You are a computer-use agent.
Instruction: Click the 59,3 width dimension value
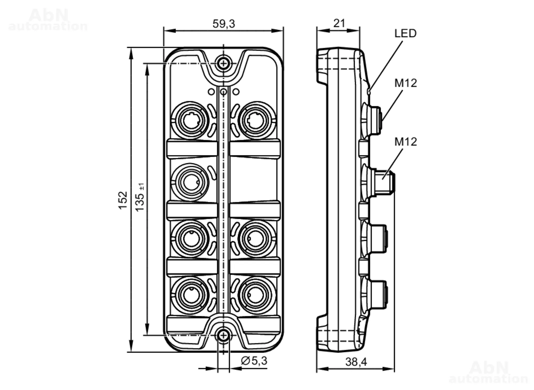(224, 24)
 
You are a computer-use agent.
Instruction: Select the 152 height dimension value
(123, 200)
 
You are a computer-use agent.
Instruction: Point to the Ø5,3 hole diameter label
(254, 361)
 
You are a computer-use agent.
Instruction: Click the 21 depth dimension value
(339, 23)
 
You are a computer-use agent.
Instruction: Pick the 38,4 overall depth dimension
(356, 362)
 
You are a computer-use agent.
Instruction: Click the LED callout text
(405, 33)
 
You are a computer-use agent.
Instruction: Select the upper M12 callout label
(406, 83)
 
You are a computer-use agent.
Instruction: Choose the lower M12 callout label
(406, 142)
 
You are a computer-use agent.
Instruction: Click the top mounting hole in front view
(223, 63)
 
